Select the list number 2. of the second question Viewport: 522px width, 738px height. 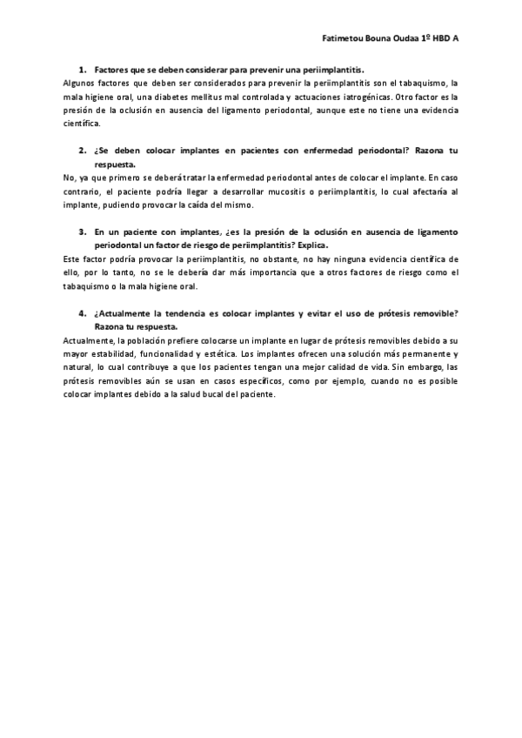[83, 151]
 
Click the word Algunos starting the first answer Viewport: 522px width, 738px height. [81, 82]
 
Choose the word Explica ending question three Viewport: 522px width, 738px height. [310, 245]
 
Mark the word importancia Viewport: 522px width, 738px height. [240, 273]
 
